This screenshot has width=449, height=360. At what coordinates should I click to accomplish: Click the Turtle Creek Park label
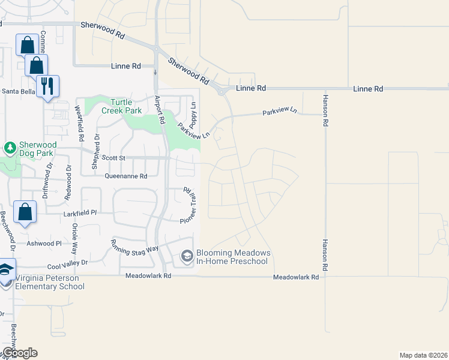pyautogui.click(x=125, y=106)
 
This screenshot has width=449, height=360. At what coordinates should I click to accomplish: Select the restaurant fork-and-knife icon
pyautogui.click(x=47, y=86)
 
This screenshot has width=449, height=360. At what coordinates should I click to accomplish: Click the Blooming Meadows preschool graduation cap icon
pyautogui.click(x=187, y=256)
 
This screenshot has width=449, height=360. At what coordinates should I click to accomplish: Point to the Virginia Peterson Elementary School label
pyautogui.click(x=45, y=282)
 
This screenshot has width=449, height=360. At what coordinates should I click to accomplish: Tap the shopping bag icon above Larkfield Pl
pyautogui.click(x=25, y=212)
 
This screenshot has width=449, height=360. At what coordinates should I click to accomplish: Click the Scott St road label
pyautogui.click(x=113, y=158)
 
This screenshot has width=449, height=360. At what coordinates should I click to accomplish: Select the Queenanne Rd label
pyautogui.click(x=125, y=176)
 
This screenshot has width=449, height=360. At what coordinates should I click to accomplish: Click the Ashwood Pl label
pyautogui.click(x=44, y=244)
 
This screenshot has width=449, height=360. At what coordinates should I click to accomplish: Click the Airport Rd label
pyautogui.click(x=160, y=109)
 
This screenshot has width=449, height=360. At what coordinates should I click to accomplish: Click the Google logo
pyautogui.click(x=20, y=353)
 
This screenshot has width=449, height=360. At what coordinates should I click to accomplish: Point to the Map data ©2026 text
pyautogui.click(x=423, y=355)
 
